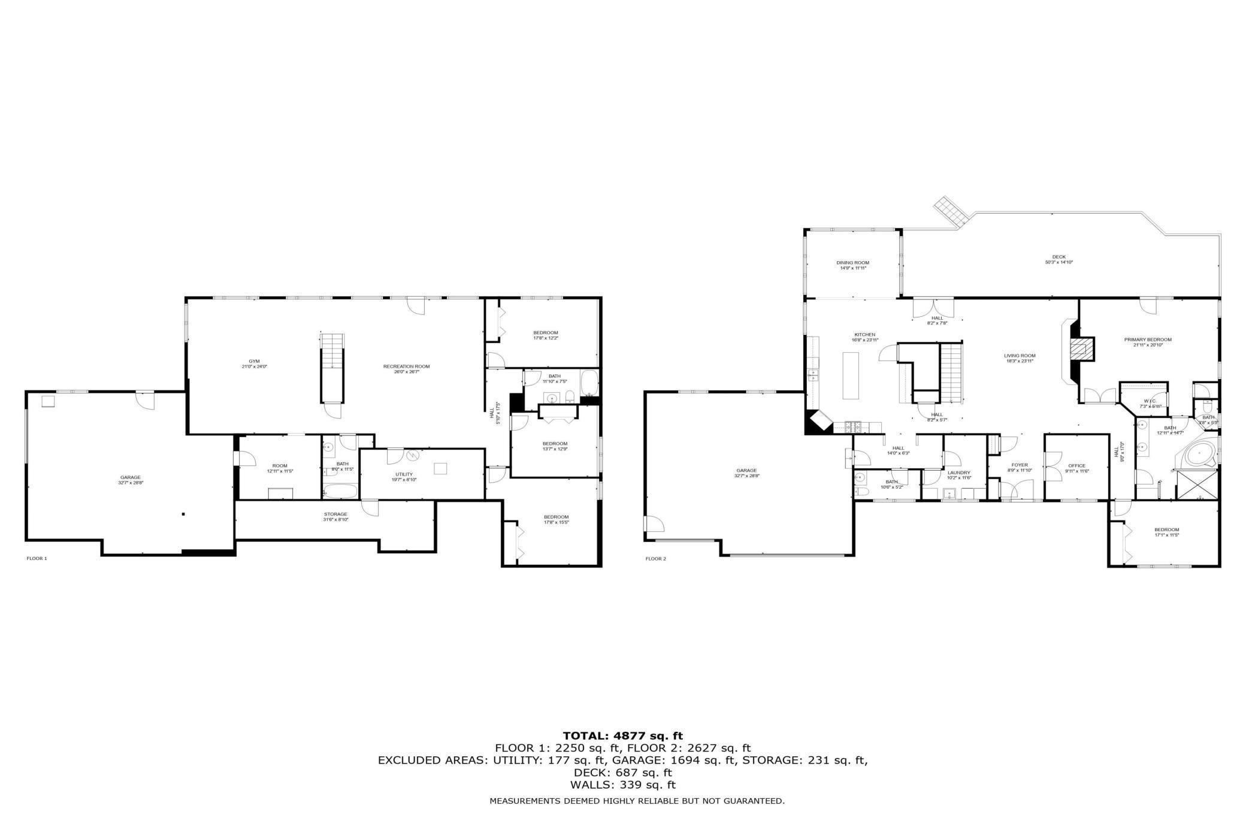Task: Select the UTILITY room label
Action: click(404, 474)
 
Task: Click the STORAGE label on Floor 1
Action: click(335, 514)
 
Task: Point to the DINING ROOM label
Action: click(852, 262)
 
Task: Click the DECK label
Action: click(1059, 257)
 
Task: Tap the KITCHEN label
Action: click(864, 335)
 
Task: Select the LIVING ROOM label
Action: click(1020, 356)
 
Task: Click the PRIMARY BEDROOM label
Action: click(1147, 340)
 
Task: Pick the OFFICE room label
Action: click(1076, 465)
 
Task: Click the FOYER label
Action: click(1019, 465)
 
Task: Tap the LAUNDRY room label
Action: click(958, 472)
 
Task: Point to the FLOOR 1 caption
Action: click(37, 558)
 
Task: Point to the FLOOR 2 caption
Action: click(655, 559)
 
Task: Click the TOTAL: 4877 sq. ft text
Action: click(622, 735)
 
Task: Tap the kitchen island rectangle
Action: click(850, 375)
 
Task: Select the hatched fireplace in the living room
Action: click(1082, 349)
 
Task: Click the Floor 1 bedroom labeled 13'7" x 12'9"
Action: click(555, 444)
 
